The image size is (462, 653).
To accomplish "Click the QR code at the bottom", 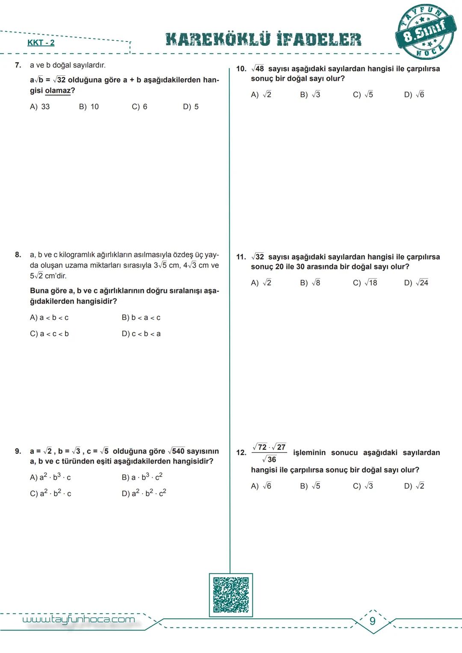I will (231, 595).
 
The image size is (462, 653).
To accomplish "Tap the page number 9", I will (373, 621).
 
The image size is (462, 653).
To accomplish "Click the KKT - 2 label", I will (41, 42).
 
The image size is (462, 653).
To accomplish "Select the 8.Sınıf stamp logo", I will (425, 33).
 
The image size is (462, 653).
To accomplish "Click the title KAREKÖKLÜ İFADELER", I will (264, 39).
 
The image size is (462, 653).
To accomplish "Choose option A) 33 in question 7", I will (40, 106).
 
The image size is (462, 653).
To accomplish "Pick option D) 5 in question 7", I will (191, 106).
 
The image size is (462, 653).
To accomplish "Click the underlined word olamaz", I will (58, 91).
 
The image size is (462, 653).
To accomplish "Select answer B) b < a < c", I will (141, 317).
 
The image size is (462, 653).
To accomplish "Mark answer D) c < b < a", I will (141, 334).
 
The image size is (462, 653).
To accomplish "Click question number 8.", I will (18, 255).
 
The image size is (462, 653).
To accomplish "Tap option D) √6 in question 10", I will (414, 95).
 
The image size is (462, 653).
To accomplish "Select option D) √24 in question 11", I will (416, 283).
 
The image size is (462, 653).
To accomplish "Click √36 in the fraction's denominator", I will (269, 459).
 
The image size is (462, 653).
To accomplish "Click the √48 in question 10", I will (258, 69).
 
